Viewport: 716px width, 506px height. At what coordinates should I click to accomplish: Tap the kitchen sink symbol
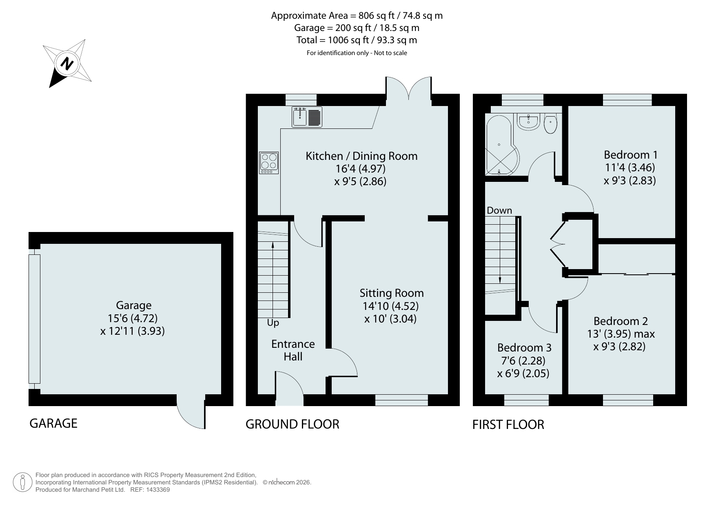click(x=307, y=117)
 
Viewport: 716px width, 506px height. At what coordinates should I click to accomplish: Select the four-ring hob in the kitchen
click(x=269, y=163)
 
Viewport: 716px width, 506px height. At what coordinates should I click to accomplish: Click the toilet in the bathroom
click(x=551, y=124)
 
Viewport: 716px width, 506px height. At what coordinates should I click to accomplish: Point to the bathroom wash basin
click(x=529, y=122)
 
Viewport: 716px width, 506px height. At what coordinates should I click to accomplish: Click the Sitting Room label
click(x=392, y=293)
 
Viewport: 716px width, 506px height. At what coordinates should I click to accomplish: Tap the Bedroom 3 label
click(x=524, y=348)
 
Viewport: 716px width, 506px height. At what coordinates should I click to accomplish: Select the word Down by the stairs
click(x=499, y=210)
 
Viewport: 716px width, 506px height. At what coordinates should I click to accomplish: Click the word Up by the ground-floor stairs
click(x=273, y=323)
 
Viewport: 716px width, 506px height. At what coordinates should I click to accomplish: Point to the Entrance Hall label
click(x=293, y=350)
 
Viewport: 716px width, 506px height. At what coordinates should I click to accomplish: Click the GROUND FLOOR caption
click(x=292, y=424)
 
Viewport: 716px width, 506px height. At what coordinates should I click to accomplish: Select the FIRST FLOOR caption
click(x=508, y=425)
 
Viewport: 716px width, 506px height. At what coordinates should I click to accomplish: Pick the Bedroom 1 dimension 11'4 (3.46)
click(x=630, y=168)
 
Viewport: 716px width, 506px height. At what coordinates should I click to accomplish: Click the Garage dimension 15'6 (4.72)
click(x=133, y=318)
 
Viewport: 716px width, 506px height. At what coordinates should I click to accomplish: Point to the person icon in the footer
click(x=22, y=482)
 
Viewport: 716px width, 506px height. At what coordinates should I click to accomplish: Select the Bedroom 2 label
click(x=621, y=321)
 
